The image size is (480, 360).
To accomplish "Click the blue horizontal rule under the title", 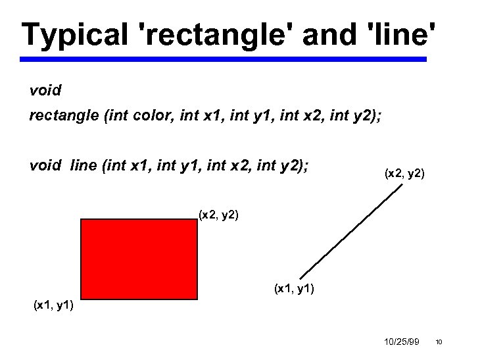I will point(223,59).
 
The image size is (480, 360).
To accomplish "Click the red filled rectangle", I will point(139,259).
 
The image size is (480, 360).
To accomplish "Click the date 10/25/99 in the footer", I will point(400,342).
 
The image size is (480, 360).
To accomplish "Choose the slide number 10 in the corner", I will point(439,342).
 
